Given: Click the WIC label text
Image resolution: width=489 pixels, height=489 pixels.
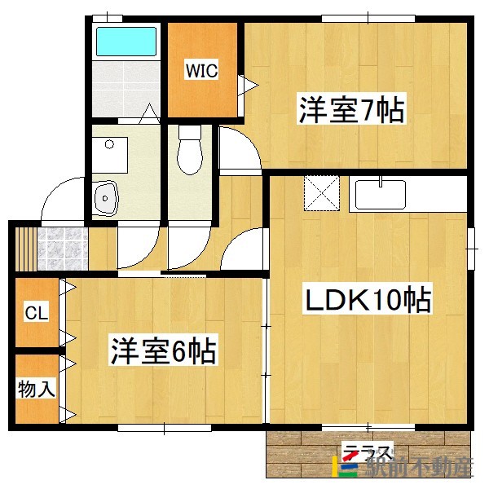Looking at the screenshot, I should coord(201,71).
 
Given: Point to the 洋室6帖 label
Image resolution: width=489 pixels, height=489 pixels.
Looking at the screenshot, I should coord(163,351).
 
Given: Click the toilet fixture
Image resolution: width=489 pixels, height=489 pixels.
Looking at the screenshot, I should coord(191,151).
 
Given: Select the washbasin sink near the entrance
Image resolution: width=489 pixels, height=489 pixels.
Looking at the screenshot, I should coord(106,197).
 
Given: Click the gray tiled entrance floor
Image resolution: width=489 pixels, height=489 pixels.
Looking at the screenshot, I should coord(64,245).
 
